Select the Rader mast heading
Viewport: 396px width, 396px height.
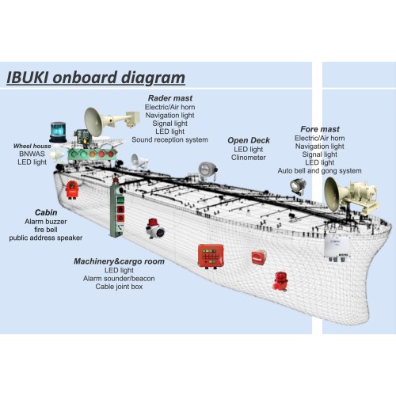170,98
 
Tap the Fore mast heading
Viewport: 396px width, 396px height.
320,129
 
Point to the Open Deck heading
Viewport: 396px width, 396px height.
249,140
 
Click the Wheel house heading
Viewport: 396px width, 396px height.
32,146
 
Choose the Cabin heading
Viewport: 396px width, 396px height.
46,212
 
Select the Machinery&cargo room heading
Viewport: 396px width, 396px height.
119,261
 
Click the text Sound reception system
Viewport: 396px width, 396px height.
169,139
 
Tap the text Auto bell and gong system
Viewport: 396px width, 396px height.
319,171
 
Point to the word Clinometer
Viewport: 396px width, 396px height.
249,158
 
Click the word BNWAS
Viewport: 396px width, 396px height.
32,154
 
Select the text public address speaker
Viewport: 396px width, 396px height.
46,238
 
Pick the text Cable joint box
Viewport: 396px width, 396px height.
119,287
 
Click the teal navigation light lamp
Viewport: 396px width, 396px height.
58,132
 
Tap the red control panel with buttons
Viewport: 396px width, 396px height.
211,257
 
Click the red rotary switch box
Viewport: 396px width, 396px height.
259,257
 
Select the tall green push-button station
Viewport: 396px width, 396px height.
117,208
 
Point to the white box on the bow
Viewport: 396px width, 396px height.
337,248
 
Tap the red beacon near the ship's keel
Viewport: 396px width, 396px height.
280,281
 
